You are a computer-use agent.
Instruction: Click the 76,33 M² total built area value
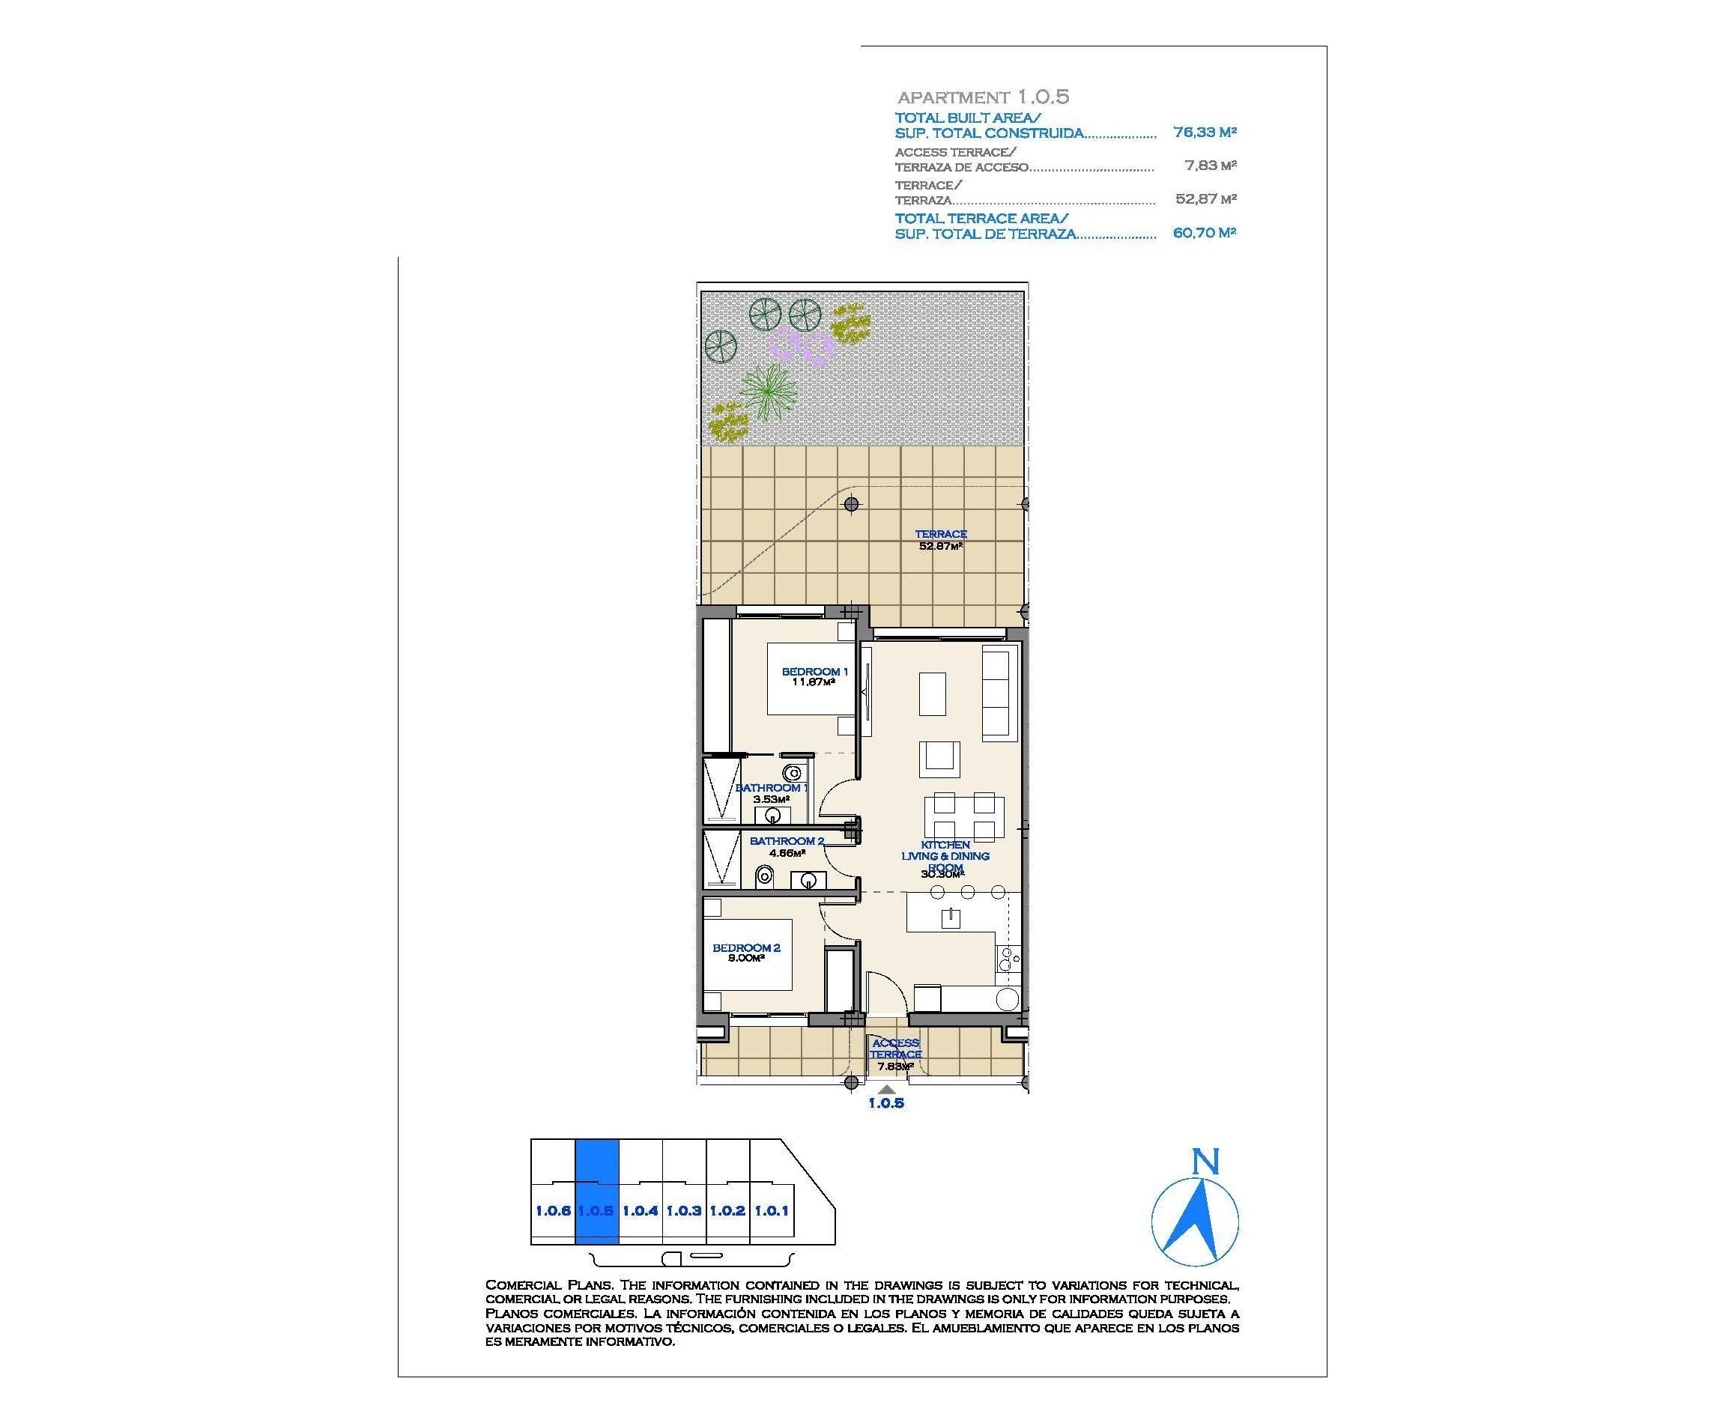coord(1204,132)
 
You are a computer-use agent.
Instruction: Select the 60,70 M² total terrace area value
coord(1204,233)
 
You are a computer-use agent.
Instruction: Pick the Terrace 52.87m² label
coord(940,539)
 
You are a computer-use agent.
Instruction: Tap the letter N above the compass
coord(1205,1162)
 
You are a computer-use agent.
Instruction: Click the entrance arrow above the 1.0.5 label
coord(886,1088)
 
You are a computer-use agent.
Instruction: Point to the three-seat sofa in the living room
coord(999,691)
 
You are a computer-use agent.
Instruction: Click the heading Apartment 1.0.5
coord(982,97)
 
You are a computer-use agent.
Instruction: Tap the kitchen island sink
coord(951,917)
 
